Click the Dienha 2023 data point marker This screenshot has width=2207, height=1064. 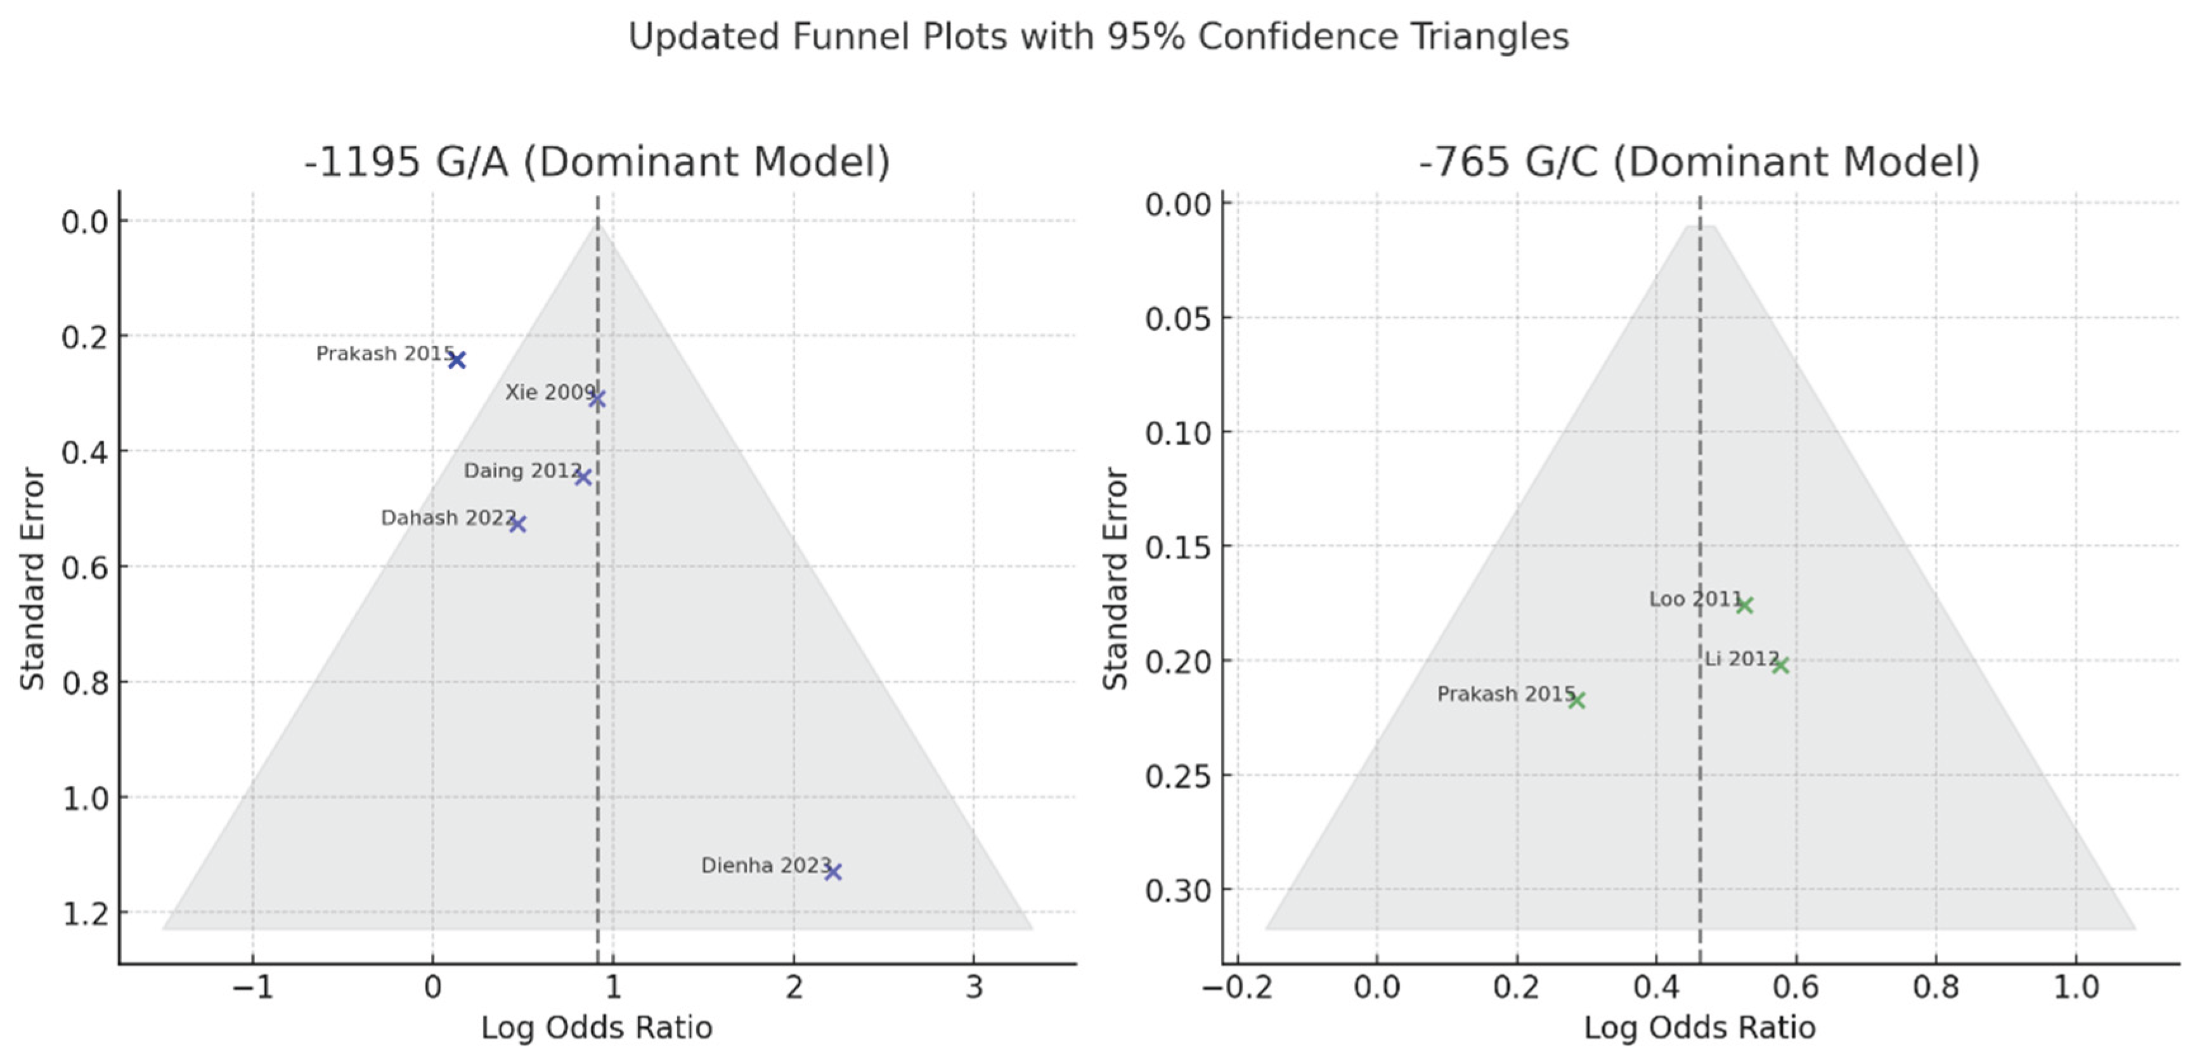pyautogui.click(x=832, y=871)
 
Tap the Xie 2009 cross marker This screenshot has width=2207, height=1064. pyautogui.click(x=597, y=399)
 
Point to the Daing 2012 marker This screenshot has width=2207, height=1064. pyautogui.click(x=583, y=477)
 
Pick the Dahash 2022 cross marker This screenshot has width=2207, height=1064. pyautogui.click(x=517, y=523)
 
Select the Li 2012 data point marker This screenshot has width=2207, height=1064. pyautogui.click(x=1780, y=665)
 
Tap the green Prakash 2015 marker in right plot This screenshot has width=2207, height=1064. pyautogui.click(x=1576, y=700)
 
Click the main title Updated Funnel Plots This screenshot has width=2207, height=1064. pyautogui.click(x=1098, y=37)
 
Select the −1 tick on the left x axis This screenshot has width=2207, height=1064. pyautogui.click(x=253, y=988)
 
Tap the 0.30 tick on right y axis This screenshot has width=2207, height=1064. pyautogui.click(x=1178, y=891)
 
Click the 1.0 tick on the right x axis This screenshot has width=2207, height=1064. pyautogui.click(x=2076, y=988)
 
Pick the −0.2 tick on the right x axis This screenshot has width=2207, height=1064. pyautogui.click(x=1237, y=988)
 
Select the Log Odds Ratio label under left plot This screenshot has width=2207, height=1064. pyautogui.click(x=597, y=1028)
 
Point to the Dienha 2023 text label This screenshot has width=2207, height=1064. pyautogui.click(x=765, y=865)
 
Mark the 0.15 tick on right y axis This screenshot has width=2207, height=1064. pyautogui.click(x=1178, y=546)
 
